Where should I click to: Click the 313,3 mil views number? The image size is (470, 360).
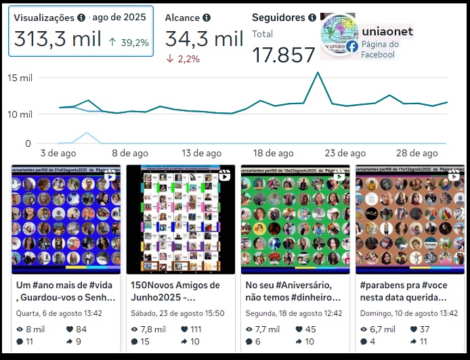coord(58,39)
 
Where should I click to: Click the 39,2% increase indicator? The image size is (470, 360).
coord(129,43)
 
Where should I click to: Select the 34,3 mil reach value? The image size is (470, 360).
coord(204,39)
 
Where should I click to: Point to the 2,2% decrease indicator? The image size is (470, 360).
coord(183,59)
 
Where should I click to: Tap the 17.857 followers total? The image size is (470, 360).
coord(284,55)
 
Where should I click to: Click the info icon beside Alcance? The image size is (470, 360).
coord(206,18)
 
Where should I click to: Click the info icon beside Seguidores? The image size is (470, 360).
coord(312,18)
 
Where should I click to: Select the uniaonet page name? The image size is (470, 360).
coord(387,32)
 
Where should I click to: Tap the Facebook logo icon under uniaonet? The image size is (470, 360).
coord(351,47)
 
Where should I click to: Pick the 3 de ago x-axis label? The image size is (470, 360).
coord(58,154)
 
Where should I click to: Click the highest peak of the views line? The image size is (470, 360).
coord(317,72)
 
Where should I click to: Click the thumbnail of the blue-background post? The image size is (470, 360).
coord(65,219)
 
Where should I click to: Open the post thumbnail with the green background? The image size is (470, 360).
coord(295,219)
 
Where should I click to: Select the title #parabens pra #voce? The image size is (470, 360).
coord(403,286)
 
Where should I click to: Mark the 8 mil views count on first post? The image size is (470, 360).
coord(35,330)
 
